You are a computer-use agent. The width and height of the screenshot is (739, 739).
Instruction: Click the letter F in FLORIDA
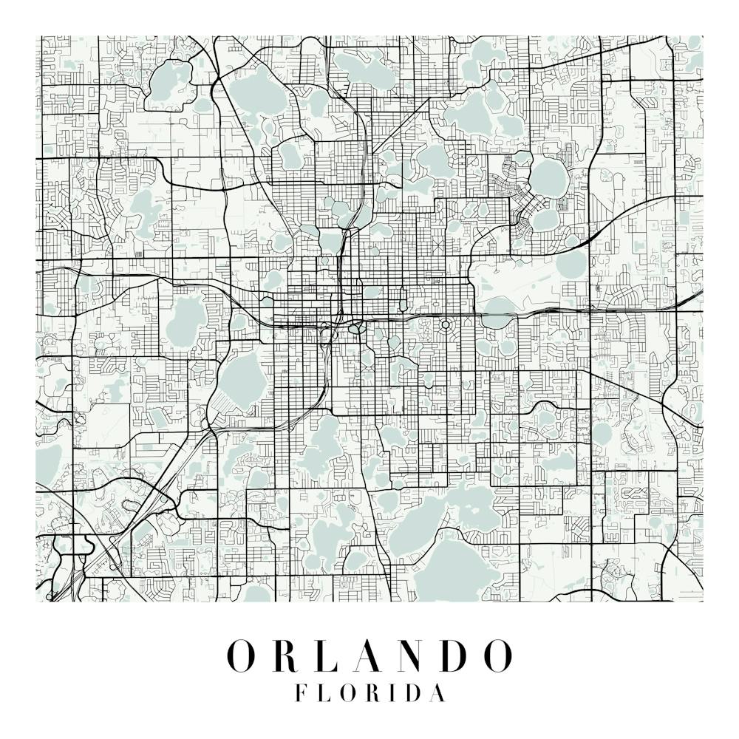tap(301, 693)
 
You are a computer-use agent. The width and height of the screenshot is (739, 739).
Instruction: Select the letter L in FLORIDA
tap(324, 693)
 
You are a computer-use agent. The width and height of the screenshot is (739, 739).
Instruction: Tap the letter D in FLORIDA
tap(416, 693)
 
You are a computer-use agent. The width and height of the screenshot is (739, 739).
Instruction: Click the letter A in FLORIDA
tap(439, 693)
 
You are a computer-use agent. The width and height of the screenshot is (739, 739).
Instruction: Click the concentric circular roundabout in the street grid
tap(446, 324)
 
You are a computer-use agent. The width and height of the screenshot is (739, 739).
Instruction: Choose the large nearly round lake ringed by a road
tap(548, 177)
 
